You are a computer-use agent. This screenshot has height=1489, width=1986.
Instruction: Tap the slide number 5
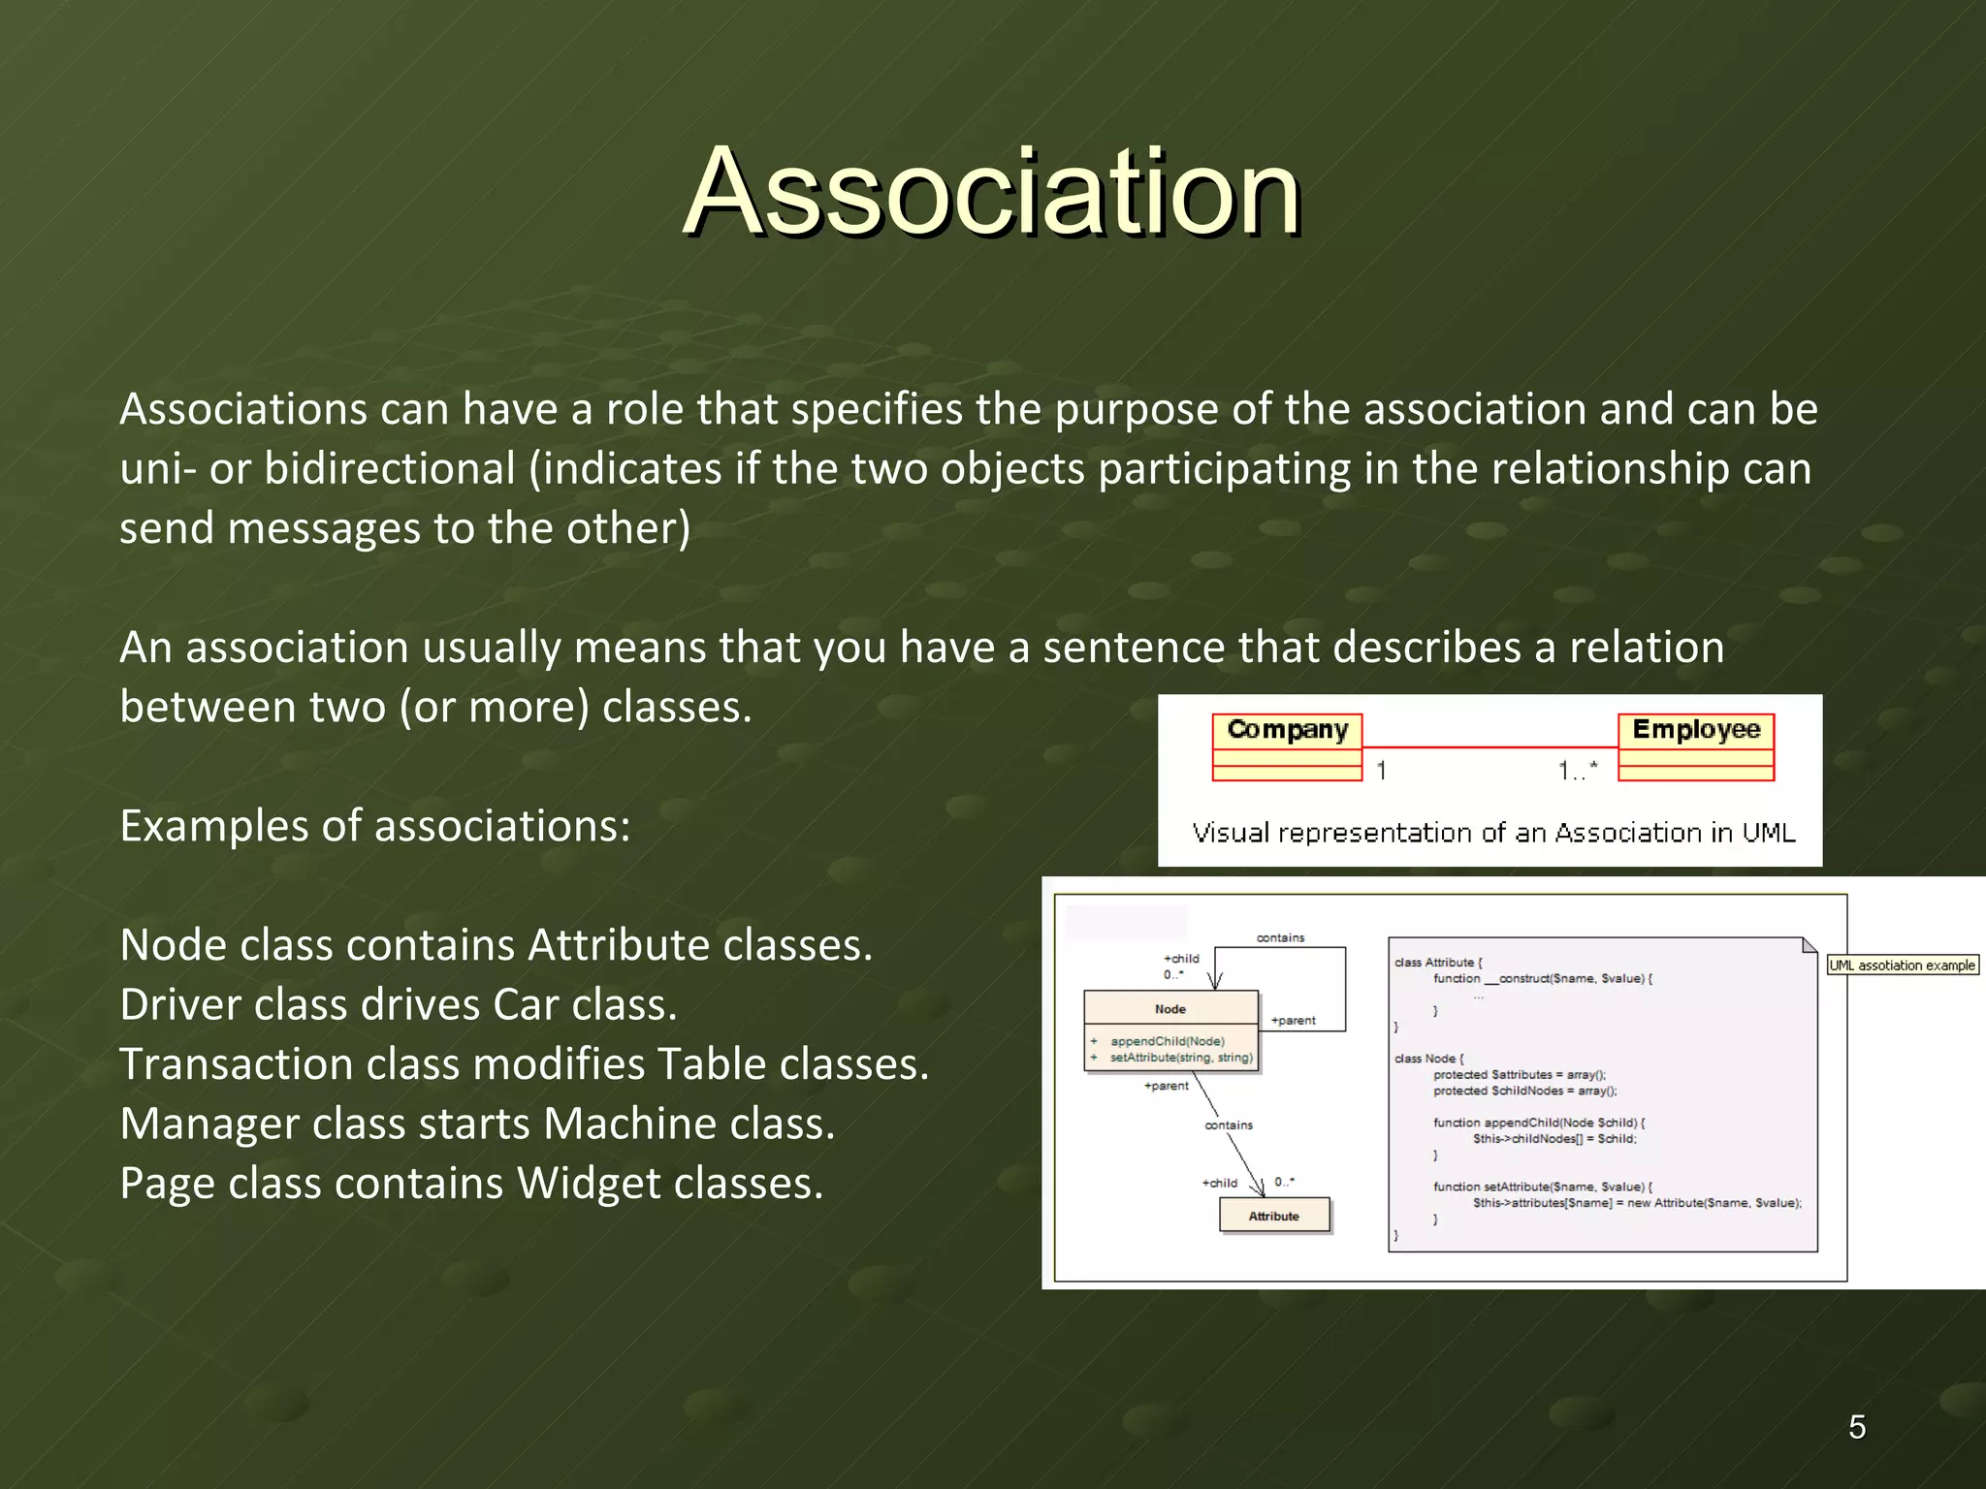[x=1856, y=1427]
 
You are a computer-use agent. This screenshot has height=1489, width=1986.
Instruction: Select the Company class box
[x=1287, y=746]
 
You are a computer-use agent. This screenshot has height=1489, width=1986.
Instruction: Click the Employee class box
[x=1695, y=746]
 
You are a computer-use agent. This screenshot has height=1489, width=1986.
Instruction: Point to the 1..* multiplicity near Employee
[x=1577, y=772]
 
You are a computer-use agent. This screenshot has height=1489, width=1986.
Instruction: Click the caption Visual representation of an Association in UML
[x=1493, y=833]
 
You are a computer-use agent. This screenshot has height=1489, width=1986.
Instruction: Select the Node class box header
[x=1170, y=1009]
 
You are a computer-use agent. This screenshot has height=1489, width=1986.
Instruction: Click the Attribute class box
[x=1274, y=1216]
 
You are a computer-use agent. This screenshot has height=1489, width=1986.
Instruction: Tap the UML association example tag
[x=1902, y=966]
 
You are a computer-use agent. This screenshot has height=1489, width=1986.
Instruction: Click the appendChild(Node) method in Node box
[x=1168, y=1041]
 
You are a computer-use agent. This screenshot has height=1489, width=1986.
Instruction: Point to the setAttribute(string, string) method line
[x=1181, y=1058]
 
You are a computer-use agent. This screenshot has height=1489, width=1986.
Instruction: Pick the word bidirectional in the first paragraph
[x=389, y=469]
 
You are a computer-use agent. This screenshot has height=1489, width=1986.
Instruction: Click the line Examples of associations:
[x=375, y=827]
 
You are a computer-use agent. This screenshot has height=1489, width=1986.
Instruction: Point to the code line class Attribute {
[x=1438, y=963]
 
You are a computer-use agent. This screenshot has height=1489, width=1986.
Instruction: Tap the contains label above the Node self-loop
[x=1280, y=937]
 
